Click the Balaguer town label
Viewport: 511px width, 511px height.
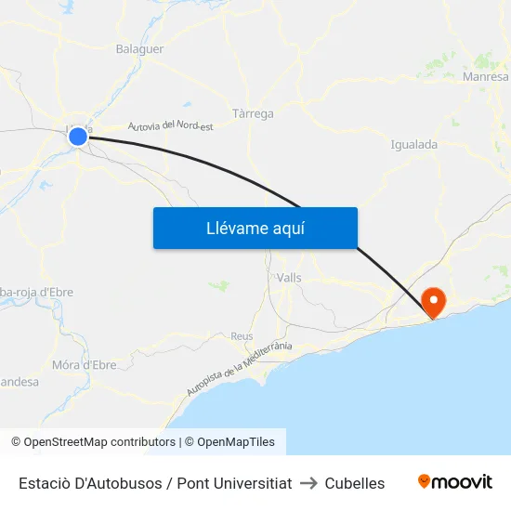tap(139, 48)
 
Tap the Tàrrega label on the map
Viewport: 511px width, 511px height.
tap(253, 113)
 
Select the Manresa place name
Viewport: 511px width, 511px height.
tap(485, 77)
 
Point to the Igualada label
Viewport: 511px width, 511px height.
tap(414, 145)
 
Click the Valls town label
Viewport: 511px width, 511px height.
tap(289, 278)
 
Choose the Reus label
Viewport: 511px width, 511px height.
tap(242, 336)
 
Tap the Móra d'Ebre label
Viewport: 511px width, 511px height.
tap(85, 365)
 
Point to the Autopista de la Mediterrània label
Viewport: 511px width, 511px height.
tap(239, 369)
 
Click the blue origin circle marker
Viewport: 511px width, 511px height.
tap(78, 138)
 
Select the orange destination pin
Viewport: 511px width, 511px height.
tap(433, 300)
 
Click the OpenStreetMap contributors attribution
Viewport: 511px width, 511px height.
tap(93, 442)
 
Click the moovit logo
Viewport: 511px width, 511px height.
tap(454, 482)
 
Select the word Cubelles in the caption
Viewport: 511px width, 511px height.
tap(354, 483)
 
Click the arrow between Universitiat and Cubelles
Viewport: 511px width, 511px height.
tap(308, 483)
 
